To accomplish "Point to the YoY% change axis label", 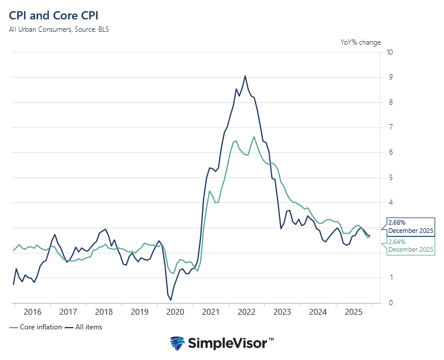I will [360, 42].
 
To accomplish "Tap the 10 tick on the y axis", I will [389, 52].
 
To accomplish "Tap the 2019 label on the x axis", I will [140, 312].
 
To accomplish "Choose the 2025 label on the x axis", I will [354, 312].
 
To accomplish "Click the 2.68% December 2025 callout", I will [410, 226].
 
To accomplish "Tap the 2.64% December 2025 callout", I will [410, 246].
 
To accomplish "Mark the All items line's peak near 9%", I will [245, 76].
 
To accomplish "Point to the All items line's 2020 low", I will [171, 300].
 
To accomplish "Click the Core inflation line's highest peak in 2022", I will [254, 137].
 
